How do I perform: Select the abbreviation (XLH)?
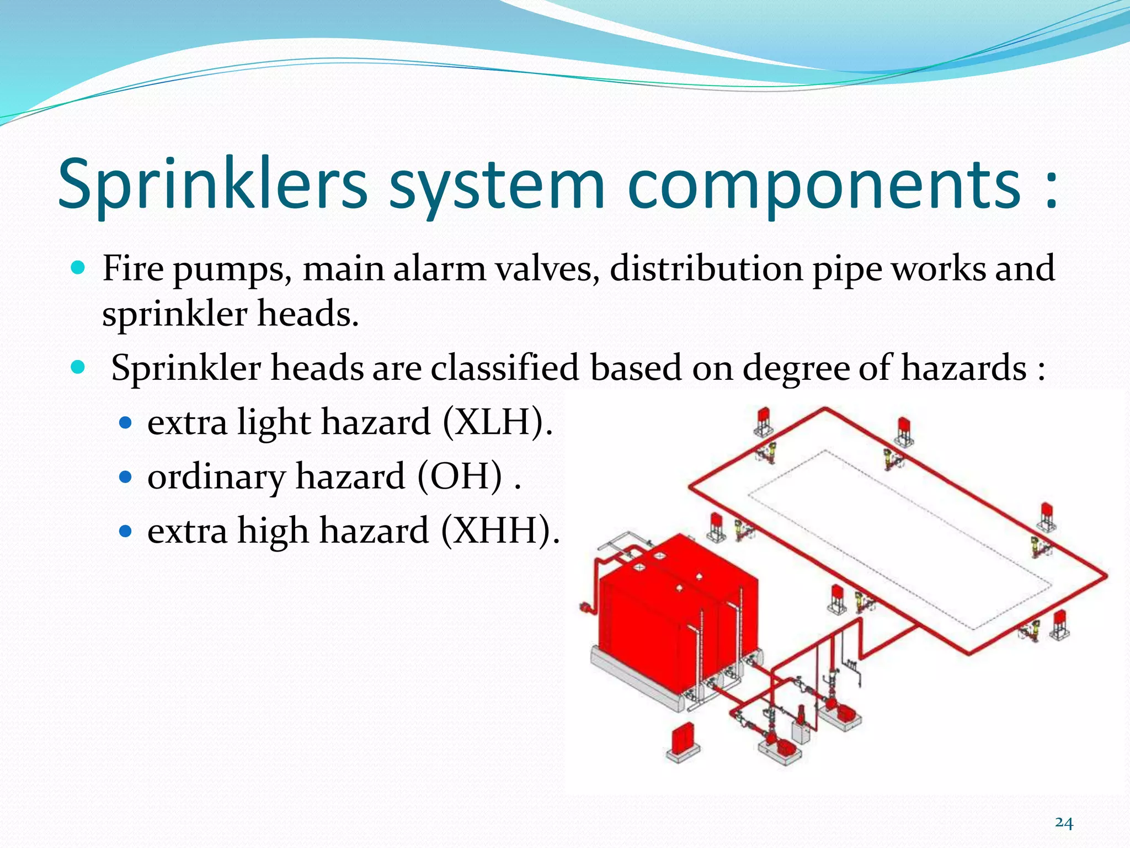tap(497, 422)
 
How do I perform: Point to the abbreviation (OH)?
tap(460, 476)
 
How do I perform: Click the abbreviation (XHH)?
tap(500, 530)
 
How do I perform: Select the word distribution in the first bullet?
tap(706, 269)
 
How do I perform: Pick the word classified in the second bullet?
tap(505, 368)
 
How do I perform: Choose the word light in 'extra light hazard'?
tap(274, 423)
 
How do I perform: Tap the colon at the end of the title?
tap(1051, 188)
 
